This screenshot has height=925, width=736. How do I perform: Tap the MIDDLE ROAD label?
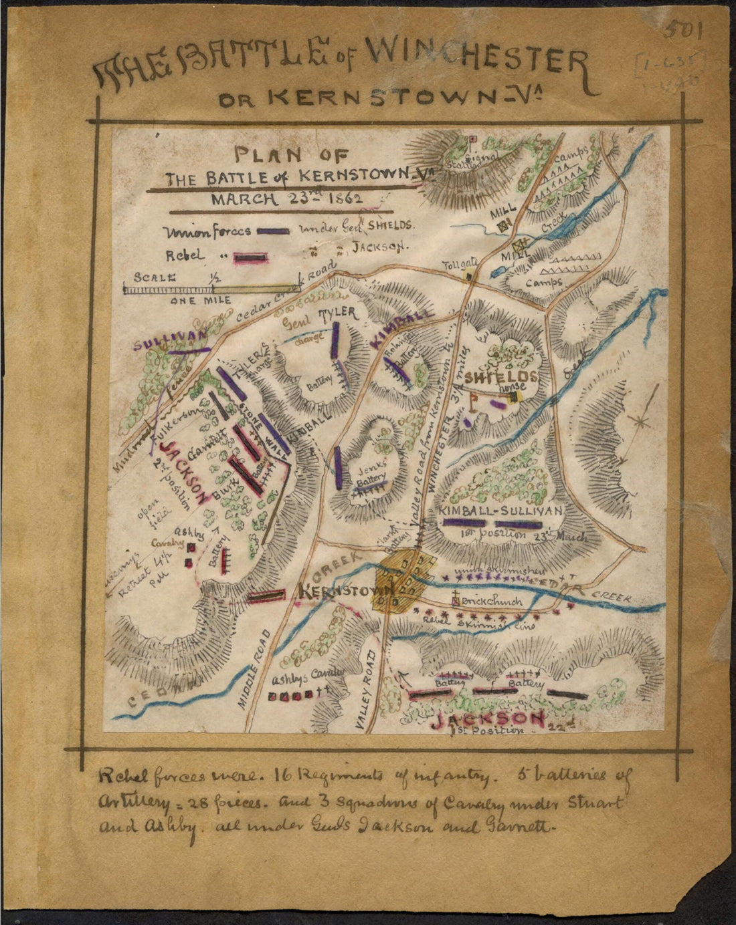point(256,676)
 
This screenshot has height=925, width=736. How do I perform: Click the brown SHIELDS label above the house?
point(500,378)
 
